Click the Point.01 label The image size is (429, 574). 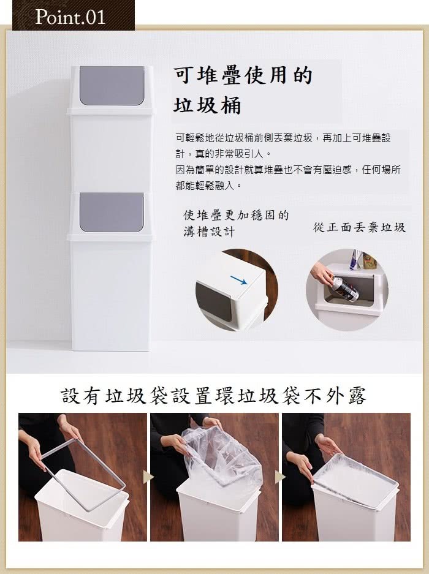[70, 17]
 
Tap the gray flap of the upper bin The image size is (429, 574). [112, 86]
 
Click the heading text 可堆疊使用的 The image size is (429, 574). [243, 75]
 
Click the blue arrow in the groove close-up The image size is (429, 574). [238, 280]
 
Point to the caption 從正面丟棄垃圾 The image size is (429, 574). [359, 227]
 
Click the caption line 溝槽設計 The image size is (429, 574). [208, 232]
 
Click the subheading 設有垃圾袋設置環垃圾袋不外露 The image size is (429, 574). [214, 396]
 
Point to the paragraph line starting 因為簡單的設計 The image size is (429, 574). [288, 170]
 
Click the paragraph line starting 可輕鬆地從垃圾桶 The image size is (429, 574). [283, 138]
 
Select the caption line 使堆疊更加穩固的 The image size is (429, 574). [236, 216]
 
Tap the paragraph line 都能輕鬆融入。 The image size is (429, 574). [208, 185]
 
